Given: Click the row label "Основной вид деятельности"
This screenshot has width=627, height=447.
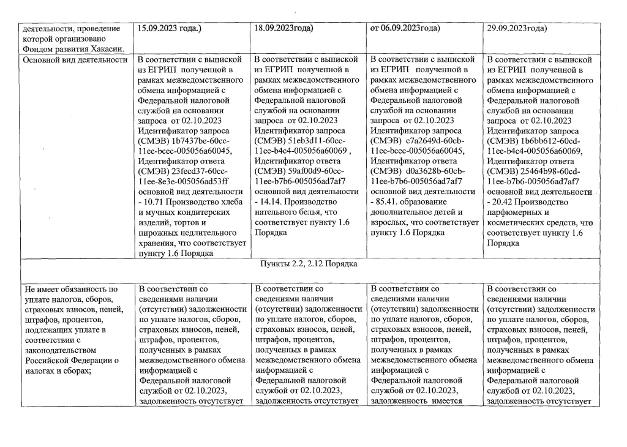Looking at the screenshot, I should [x=74, y=60].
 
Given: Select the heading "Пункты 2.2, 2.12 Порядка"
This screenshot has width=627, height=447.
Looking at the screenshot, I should [x=309, y=264].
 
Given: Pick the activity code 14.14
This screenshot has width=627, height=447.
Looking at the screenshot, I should [x=272, y=201].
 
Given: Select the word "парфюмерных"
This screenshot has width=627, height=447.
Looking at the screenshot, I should [x=516, y=212].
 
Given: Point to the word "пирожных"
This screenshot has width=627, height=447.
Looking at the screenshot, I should [x=157, y=233].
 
